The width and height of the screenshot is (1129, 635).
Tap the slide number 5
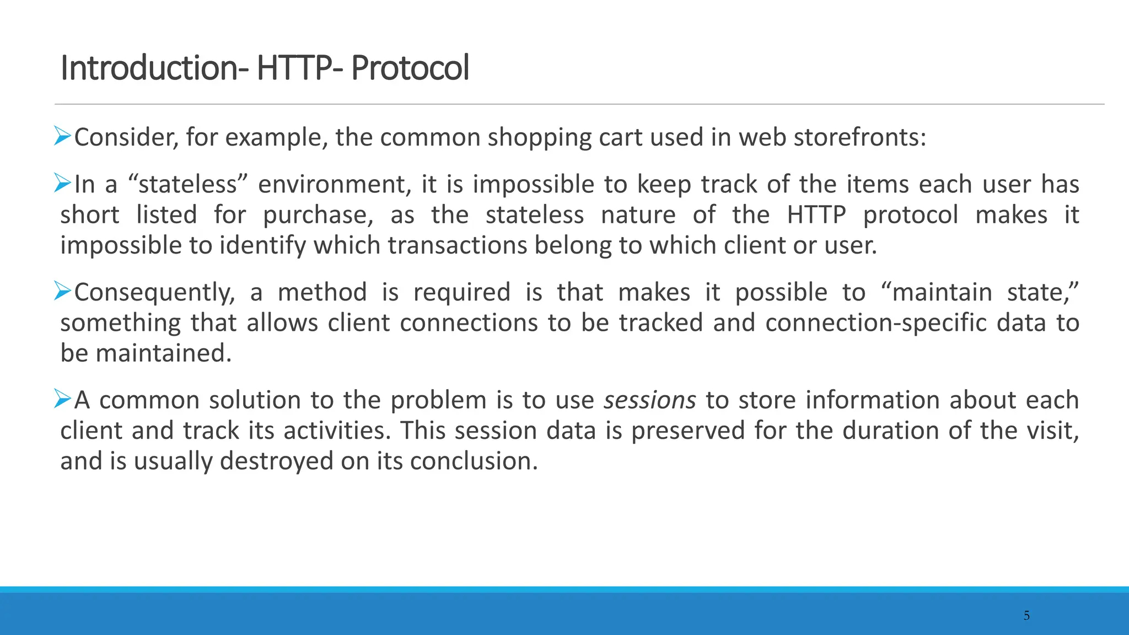1026,616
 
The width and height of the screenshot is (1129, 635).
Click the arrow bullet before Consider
63,136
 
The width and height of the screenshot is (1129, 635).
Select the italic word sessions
650,400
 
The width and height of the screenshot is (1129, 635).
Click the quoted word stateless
187,184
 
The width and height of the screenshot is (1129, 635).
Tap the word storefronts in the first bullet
859,137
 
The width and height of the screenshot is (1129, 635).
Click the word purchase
318,215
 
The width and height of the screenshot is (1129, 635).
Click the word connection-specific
875,323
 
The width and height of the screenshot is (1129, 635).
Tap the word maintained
164,353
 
